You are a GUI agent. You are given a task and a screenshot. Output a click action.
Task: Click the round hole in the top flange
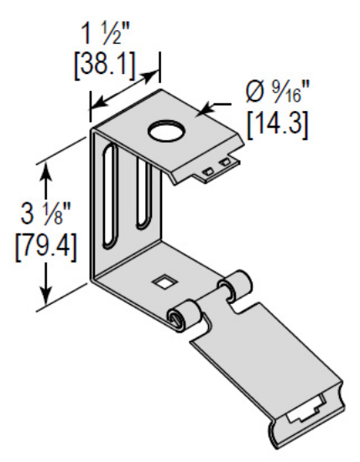tap(166, 131)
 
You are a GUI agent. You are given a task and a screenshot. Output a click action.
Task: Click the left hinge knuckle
tap(185, 317)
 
